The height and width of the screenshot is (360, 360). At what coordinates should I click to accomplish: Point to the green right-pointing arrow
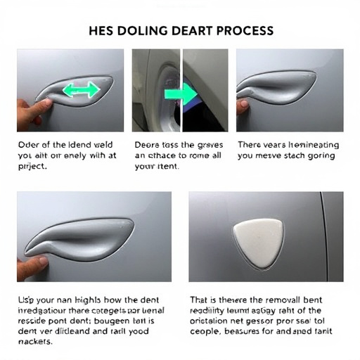pos(186,94)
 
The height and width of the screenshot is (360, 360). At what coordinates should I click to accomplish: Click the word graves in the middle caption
pos(210,144)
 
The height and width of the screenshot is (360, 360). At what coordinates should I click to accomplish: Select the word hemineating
pos(307,144)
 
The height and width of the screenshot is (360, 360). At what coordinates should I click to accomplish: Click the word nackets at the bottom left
pos(37,342)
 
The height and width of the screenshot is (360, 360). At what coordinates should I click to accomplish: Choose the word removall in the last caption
pos(292,297)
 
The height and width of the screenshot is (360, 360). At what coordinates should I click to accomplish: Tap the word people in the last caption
pos(207,331)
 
